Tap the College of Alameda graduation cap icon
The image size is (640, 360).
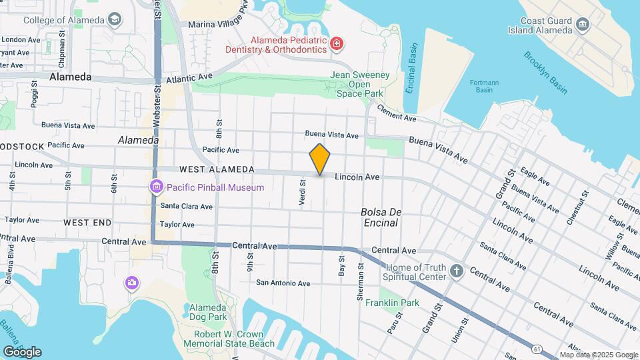115,19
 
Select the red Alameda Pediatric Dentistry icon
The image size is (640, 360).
337,45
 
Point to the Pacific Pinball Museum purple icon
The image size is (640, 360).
157,187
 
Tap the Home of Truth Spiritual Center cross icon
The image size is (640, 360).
456,271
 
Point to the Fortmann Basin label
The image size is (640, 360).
484,86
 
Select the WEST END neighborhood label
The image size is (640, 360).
87,221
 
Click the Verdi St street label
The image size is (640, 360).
303,192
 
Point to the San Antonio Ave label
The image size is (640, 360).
283,283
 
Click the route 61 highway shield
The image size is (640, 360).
537,348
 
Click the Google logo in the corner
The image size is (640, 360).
22,351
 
